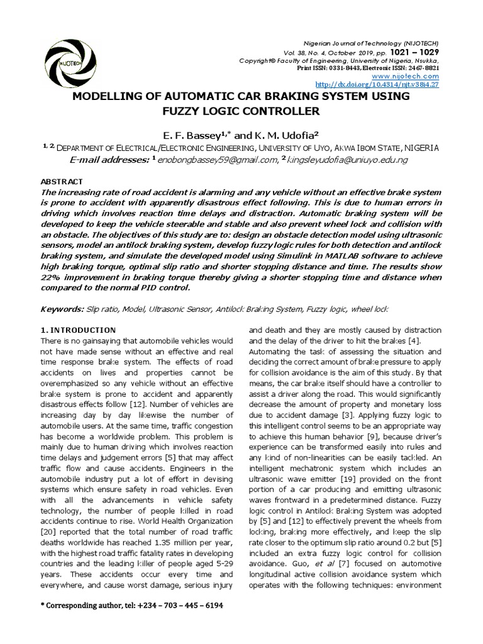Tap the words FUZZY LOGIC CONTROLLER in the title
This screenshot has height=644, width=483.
click(x=241, y=111)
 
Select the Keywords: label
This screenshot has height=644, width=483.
click(x=62, y=309)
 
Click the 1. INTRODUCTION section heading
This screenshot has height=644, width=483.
click(x=78, y=330)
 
